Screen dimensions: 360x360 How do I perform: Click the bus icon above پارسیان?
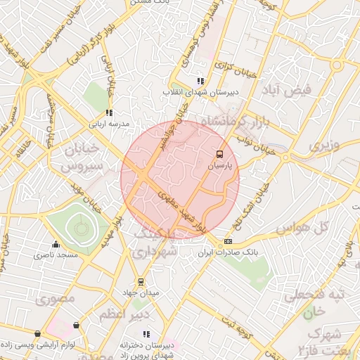tap(219, 153)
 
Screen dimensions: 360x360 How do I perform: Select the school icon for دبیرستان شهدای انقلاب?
tap(200, 81)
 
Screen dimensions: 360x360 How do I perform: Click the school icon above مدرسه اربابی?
tap(108, 112)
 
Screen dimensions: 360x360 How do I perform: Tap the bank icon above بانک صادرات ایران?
tap(227, 241)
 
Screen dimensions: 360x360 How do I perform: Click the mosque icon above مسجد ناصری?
tap(56, 244)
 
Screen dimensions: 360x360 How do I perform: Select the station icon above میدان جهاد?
tap(141, 281)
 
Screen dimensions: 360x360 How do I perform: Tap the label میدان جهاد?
tap(140, 292)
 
